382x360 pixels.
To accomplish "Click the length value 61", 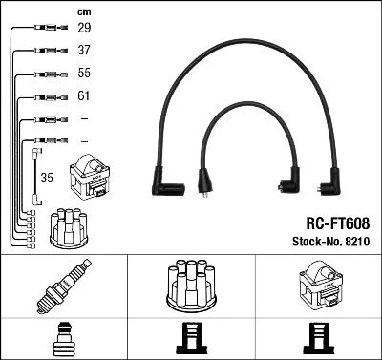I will click(83, 96).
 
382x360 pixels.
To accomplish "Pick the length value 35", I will click(45, 177).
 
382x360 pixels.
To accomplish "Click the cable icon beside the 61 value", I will click(44, 96).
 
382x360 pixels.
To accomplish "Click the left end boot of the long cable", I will click(159, 179).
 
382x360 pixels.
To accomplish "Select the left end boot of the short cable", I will click(204, 180).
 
